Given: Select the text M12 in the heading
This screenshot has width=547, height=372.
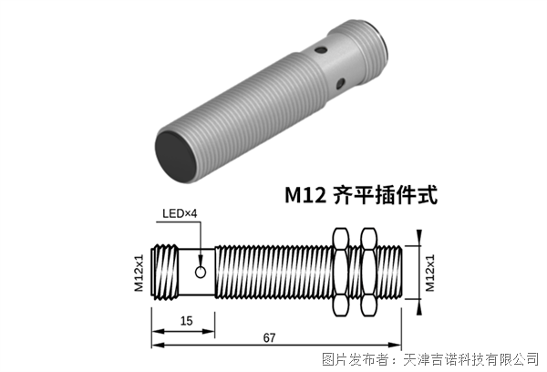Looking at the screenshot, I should coord(304,194).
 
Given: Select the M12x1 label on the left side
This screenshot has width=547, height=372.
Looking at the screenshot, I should coord(139,272).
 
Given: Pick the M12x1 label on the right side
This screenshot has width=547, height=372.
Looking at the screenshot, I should coord(429,272).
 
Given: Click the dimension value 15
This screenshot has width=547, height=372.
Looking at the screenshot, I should coord(185,320).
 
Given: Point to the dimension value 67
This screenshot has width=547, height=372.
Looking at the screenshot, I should coord(269,338).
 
